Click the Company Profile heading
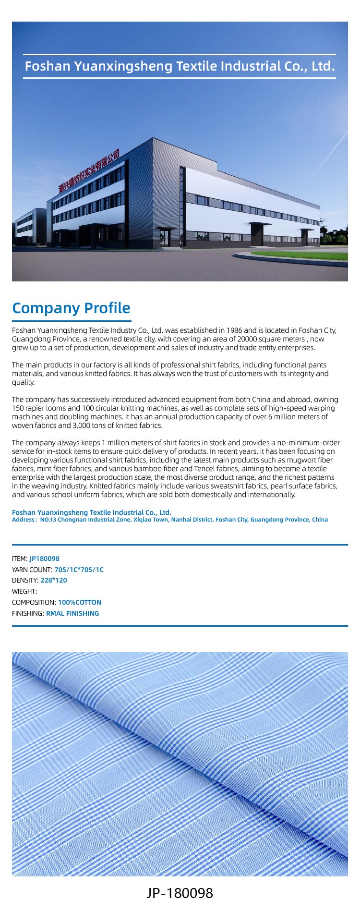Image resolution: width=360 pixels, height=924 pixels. pos(71,308)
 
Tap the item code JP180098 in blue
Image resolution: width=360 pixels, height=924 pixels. pos(45,559)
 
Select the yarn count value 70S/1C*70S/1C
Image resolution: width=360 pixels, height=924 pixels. pos(79,570)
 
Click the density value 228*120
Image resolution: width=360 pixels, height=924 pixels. pos(54,580)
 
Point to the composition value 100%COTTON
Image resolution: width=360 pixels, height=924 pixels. pos(80,602)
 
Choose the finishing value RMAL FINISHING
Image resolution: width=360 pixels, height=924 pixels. pos(72,613)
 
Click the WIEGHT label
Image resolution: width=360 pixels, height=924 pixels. pos(24,591)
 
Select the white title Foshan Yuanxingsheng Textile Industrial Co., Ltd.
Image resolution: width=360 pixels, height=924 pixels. pos(180,66)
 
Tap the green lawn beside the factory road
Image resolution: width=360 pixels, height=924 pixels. pos(307,255)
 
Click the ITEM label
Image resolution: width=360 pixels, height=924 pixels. pos(19,559)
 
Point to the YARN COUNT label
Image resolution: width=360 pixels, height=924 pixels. pos(32,570)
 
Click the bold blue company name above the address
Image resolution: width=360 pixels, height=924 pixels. pos(92,513)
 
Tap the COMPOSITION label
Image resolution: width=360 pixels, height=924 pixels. pos(34,602)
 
